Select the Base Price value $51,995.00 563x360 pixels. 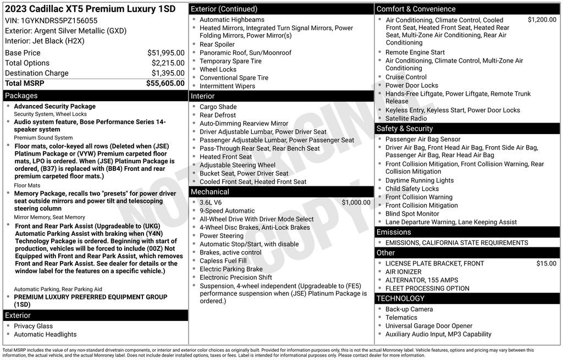pyautogui.click(x=165, y=53)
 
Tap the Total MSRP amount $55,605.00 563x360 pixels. pyautogui.click(x=165, y=83)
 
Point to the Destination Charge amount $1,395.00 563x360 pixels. pyautogui.click(x=168, y=73)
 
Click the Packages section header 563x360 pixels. pyautogui.click(x=21, y=96)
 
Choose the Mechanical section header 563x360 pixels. pyautogui.click(x=209, y=192)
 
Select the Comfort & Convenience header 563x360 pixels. pyautogui.click(x=416, y=9)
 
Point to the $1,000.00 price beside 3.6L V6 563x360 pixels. pyautogui.click(x=356, y=202)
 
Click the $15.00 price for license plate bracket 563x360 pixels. pyautogui.click(x=546, y=263)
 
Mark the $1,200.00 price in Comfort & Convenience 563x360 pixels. pyautogui.click(x=542, y=20)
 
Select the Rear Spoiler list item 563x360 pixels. pyautogui.click(x=217, y=45)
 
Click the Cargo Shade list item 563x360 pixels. pyautogui.click(x=218, y=107)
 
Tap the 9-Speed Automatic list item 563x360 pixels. pyautogui.click(x=227, y=211)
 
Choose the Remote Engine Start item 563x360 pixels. pyautogui.click(x=415, y=52)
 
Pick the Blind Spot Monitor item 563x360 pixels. pyautogui.click(x=412, y=214)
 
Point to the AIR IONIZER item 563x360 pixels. pyautogui.click(x=403, y=272)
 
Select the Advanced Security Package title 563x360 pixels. pyautogui.click(x=54, y=106)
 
